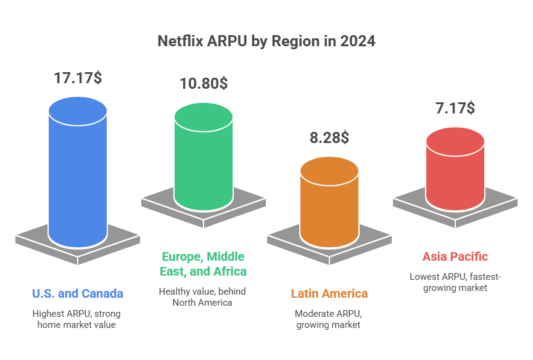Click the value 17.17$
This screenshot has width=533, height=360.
tap(78, 78)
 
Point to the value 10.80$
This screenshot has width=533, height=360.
tap(203, 83)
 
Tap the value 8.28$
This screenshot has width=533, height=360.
tap(329, 137)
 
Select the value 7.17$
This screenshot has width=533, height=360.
tap(455, 108)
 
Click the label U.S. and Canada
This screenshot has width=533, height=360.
tap(78, 293)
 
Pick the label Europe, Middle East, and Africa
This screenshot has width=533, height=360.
tap(204, 264)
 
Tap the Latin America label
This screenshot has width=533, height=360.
tap(329, 293)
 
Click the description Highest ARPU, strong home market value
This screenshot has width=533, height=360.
tap(78, 319)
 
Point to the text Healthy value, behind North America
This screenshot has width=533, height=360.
tap(204, 297)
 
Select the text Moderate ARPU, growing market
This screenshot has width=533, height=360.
tap(329, 319)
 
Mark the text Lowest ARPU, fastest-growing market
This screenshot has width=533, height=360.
tap(455, 282)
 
